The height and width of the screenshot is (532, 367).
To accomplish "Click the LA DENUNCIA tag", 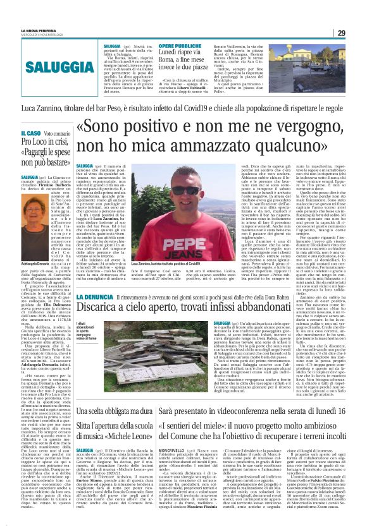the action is [x=94, y=297].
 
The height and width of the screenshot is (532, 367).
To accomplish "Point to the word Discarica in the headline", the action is [x=104, y=310].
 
